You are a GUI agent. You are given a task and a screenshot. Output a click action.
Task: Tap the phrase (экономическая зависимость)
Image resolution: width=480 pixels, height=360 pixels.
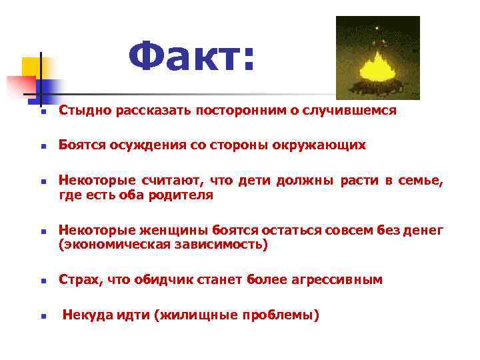click(x=163, y=245)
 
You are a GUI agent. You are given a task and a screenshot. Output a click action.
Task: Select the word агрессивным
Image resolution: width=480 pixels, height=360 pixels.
click(x=337, y=280)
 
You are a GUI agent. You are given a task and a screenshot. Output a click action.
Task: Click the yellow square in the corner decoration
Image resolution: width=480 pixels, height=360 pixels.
click(x=31, y=67)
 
